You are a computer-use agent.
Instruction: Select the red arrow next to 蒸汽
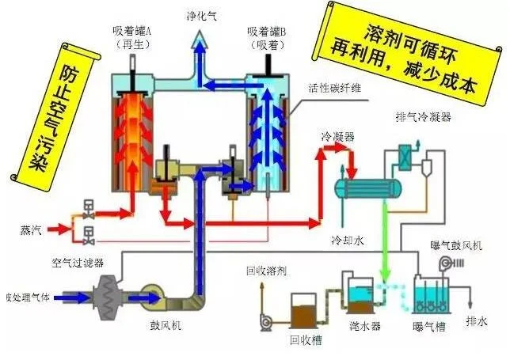59,229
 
